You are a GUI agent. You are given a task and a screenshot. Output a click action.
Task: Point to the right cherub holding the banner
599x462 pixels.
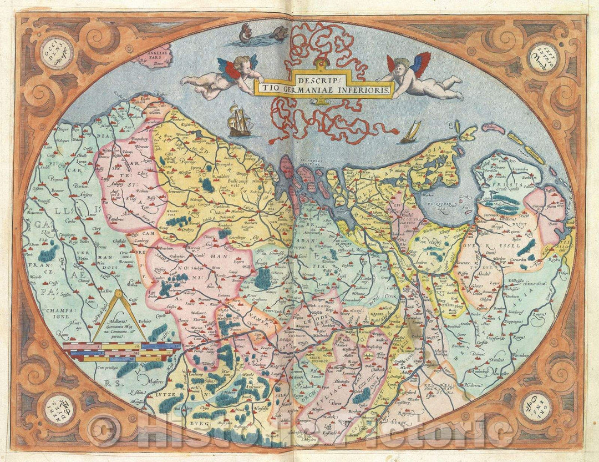point(424,78)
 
